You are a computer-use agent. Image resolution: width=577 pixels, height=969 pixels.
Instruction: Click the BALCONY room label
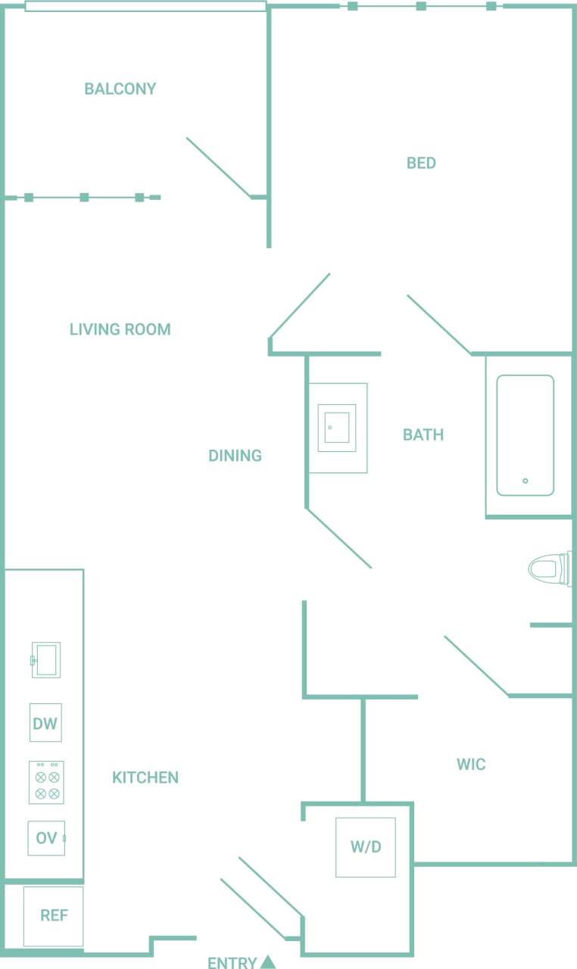120,89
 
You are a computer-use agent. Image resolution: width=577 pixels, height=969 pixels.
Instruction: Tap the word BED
421,163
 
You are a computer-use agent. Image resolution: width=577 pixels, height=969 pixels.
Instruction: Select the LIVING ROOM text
120,329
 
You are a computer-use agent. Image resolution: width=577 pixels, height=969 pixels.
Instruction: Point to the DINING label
235,456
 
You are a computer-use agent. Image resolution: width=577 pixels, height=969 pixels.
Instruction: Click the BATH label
423,435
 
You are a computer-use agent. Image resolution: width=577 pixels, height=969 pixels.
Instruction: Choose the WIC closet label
471,765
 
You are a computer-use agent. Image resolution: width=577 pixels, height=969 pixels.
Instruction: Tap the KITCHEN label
145,777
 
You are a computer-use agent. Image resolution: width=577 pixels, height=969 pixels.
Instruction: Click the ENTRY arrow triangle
267,962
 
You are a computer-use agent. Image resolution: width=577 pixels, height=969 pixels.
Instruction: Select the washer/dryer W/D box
366,847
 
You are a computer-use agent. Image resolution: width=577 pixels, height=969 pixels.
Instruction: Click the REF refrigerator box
54,916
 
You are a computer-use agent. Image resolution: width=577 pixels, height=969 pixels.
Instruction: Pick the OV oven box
46,838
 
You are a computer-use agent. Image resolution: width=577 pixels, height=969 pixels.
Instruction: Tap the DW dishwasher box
45,723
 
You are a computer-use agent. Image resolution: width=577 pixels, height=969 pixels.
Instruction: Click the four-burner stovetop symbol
46,783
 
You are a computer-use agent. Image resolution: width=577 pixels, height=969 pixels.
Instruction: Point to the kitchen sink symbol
46,660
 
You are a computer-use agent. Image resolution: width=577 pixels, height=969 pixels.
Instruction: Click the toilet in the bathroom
549,568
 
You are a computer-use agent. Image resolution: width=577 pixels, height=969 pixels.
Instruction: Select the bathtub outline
525,435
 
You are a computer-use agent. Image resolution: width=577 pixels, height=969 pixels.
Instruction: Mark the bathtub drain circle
525,481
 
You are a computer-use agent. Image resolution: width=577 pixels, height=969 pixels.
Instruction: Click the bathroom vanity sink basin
337,428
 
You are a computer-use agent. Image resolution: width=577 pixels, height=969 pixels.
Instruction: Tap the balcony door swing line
218,167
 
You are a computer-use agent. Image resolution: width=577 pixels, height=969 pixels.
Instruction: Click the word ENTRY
232,963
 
